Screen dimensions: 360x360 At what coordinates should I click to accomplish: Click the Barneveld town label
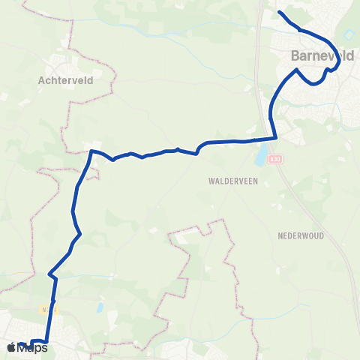322,55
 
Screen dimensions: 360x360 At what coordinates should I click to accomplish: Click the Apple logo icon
11,347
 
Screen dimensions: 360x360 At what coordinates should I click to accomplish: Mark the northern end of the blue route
279,12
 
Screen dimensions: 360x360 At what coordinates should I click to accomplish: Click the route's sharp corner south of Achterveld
91,151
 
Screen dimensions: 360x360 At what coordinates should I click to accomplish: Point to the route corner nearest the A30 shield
276,137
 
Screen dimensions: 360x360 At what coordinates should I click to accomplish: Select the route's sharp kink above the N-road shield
49,273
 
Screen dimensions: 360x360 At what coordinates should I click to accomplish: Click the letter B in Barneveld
295,55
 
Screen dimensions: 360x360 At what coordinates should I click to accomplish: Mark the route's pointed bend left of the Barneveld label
298,70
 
